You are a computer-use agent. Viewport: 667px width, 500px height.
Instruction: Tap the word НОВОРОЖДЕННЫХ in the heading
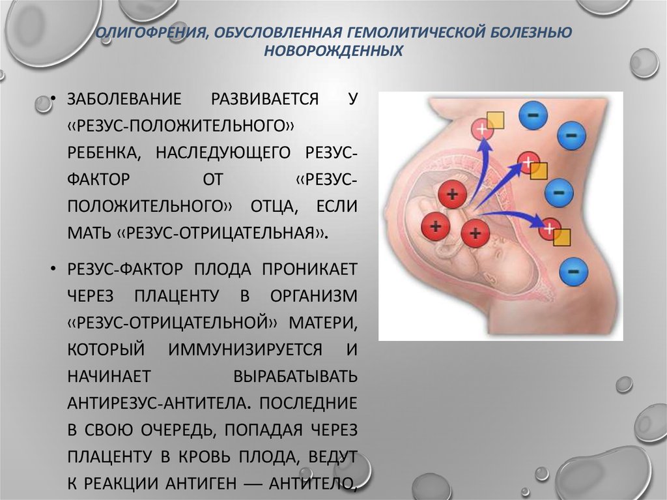333,51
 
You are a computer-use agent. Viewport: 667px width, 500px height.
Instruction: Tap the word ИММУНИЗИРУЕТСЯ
245,349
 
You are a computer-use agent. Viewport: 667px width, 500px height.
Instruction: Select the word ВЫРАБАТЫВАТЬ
296,377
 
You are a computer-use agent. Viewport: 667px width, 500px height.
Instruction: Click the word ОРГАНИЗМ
313,296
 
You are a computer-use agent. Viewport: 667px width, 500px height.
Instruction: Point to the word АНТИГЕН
201,484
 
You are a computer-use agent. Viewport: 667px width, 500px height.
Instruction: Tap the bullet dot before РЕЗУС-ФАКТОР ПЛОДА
53,269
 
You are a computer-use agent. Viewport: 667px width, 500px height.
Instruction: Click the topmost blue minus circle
533,115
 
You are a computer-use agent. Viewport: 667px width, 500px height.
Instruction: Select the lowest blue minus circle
573,272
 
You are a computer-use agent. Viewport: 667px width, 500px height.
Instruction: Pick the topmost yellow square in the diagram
495,120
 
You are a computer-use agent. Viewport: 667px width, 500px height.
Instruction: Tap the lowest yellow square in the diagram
561,238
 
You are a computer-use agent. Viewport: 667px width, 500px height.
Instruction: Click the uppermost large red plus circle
453,195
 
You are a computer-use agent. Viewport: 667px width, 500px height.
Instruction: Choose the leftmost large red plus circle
435,226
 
